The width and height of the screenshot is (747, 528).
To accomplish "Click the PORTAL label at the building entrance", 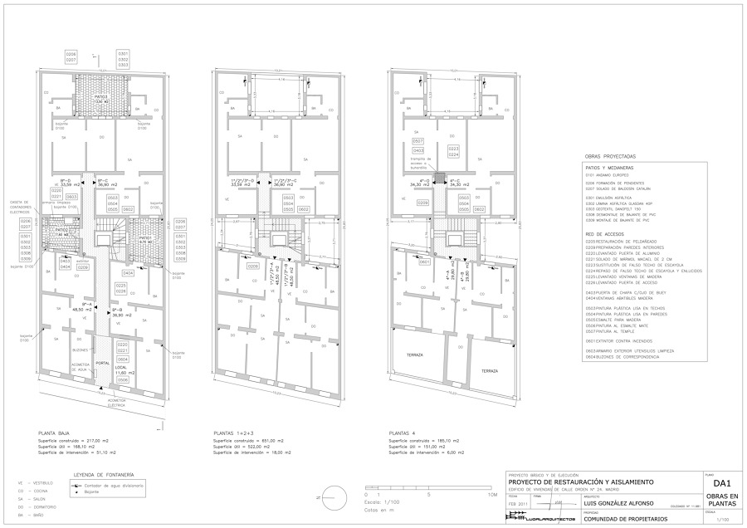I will (102, 363).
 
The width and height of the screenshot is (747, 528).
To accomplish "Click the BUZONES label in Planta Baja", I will (81, 349).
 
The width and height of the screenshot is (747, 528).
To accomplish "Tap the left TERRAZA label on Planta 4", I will (413, 354).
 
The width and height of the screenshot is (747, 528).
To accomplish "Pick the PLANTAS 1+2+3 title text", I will (234, 433).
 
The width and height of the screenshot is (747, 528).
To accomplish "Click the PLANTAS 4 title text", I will (403, 433).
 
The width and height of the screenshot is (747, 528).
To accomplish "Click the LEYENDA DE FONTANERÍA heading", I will (105, 474).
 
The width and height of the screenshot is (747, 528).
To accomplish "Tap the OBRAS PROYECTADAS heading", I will (610, 156).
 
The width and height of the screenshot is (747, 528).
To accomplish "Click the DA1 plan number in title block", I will (720, 482).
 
